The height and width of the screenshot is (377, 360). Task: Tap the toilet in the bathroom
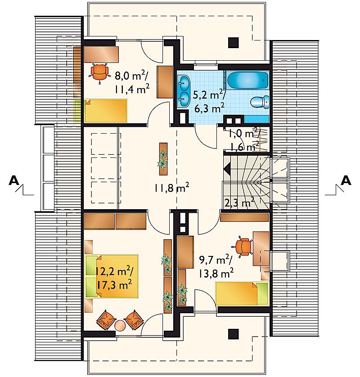click(x=260, y=102)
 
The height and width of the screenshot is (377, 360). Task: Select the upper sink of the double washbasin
click(x=184, y=82)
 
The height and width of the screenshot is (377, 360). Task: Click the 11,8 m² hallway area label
click(x=171, y=188)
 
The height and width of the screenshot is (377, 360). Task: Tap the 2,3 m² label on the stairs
click(x=239, y=203)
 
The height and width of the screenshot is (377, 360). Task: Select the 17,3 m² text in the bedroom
click(x=114, y=285)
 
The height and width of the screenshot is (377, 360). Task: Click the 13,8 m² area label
click(x=216, y=273)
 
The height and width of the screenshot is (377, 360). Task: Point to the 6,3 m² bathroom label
click(x=209, y=108)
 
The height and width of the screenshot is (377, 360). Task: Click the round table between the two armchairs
click(x=120, y=326)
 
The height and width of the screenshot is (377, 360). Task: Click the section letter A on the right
click(x=346, y=180)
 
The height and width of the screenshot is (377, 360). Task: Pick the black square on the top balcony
click(x=233, y=43)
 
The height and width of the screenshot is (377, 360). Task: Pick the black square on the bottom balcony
click(x=233, y=334)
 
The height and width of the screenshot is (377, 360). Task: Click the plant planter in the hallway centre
click(x=163, y=159)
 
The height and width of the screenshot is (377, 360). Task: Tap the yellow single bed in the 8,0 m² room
click(x=106, y=111)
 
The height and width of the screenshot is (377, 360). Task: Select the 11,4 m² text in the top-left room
click(x=132, y=90)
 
